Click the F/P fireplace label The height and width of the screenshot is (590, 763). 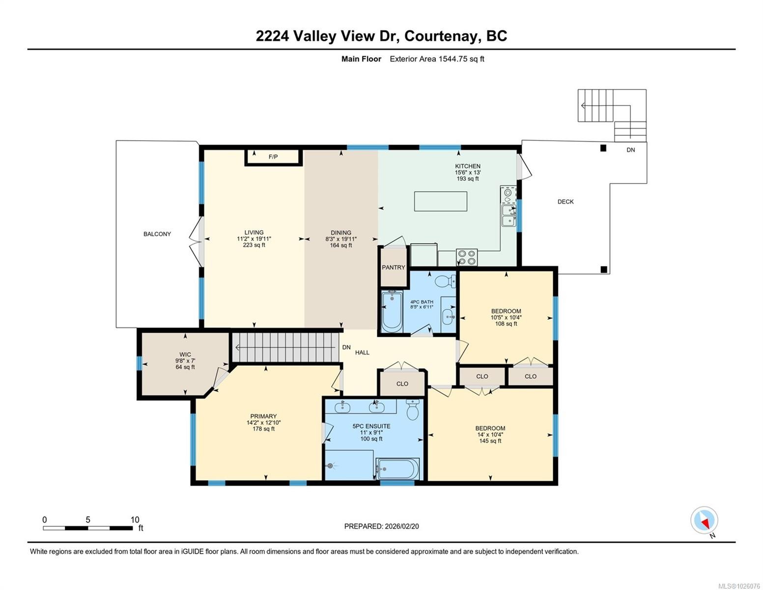pos(273,157)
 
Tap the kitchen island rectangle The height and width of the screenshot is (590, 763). pos(440,201)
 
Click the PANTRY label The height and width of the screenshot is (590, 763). pos(394,267)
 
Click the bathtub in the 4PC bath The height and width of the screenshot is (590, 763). pos(392,311)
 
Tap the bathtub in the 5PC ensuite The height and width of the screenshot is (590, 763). pos(397,469)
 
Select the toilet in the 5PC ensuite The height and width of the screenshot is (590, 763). pos(413,410)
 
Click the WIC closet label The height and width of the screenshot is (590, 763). pos(185,354)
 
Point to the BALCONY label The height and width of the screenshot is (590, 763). pos(157,234)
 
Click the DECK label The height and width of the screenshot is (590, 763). pos(565,202)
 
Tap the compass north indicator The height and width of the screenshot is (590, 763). pos(705,521)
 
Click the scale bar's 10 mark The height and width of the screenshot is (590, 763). pos(135,520)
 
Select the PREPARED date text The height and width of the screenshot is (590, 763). pos(381,526)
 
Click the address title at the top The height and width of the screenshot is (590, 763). pos(381,36)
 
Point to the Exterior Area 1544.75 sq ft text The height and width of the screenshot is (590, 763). pos(437,59)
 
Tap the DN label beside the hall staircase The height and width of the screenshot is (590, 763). pos(346,347)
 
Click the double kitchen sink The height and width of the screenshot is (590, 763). pos(509,216)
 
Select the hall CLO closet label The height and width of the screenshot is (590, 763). pos(402,383)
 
